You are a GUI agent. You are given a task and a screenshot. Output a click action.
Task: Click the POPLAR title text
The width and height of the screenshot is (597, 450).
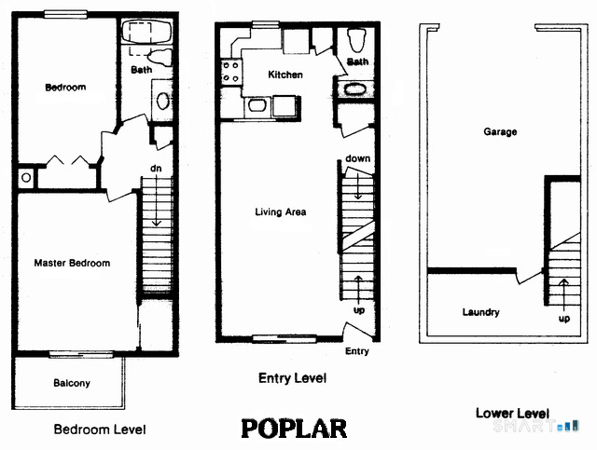(x=294, y=429)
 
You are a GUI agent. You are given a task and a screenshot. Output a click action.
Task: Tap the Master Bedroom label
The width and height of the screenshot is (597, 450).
(x=72, y=264)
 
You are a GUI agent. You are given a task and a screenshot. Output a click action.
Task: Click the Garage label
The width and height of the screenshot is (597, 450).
(x=500, y=132)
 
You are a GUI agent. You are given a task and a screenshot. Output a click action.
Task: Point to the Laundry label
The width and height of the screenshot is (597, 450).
(x=480, y=312)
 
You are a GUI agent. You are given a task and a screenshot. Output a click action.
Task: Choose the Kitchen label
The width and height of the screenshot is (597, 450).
(x=285, y=75)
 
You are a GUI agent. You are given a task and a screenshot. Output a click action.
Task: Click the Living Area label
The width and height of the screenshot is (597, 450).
(x=281, y=212)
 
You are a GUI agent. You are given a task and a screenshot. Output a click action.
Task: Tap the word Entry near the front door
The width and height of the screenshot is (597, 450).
(x=357, y=351)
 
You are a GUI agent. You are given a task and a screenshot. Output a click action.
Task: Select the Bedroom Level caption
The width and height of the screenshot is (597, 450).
(x=100, y=430)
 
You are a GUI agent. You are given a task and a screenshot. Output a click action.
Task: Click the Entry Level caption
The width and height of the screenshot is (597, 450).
(x=292, y=379)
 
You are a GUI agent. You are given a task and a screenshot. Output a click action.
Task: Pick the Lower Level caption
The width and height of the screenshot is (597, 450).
(x=512, y=413)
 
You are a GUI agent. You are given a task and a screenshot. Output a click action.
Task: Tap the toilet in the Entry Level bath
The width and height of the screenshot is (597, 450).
(x=355, y=40)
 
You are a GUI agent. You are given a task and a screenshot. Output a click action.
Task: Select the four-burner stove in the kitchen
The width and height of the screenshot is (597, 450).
(x=229, y=73)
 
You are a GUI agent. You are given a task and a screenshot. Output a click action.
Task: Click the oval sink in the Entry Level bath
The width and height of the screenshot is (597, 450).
(x=355, y=90)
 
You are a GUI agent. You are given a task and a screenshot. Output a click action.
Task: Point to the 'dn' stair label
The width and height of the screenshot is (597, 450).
(x=157, y=169)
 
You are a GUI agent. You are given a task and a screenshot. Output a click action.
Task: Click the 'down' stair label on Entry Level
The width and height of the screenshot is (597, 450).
(x=357, y=158)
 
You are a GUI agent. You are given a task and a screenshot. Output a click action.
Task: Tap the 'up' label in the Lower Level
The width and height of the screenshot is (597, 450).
(x=563, y=319)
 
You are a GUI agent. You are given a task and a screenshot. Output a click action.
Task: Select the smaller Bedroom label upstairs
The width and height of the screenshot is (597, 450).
(x=65, y=88)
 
